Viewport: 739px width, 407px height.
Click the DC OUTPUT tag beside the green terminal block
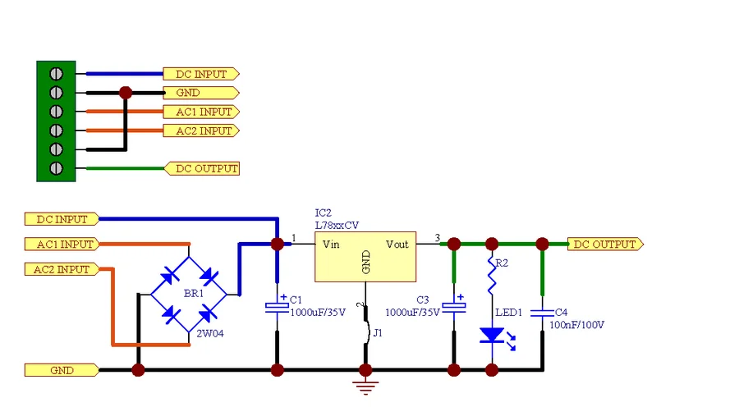pyautogui.click(x=202, y=169)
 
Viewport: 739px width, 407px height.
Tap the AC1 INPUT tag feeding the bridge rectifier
pyautogui.click(x=62, y=244)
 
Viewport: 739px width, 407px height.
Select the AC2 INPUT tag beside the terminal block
pyautogui.click(x=201, y=130)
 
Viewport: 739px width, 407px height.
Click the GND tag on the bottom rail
pyautogui.click(x=62, y=370)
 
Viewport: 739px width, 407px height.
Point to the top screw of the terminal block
pyautogui.click(x=56, y=74)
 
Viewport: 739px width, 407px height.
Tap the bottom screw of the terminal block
pyautogui.click(x=56, y=168)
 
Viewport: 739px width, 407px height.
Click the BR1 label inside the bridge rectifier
pyautogui.click(x=194, y=294)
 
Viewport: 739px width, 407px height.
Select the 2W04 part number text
pyautogui.click(x=209, y=333)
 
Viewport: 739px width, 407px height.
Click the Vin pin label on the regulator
pyautogui.click(x=331, y=245)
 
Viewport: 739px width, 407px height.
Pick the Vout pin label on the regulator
pyautogui.click(x=397, y=245)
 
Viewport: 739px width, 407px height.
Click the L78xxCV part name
pyautogui.click(x=337, y=225)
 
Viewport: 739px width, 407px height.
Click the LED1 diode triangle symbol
pyautogui.click(x=492, y=335)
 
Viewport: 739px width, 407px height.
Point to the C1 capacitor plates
pyautogui.click(x=278, y=307)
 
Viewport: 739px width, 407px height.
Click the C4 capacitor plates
pyautogui.click(x=542, y=313)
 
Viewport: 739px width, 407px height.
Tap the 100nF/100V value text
pyautogui.click(x=576, y=325)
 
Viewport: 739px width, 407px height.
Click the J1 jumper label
pyautogui.click(x=378, y=333)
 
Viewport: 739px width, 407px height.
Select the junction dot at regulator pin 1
pyautogui.click(x=278, y=244)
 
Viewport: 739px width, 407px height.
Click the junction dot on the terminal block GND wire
pyautogui.click(x=126, y=93)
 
